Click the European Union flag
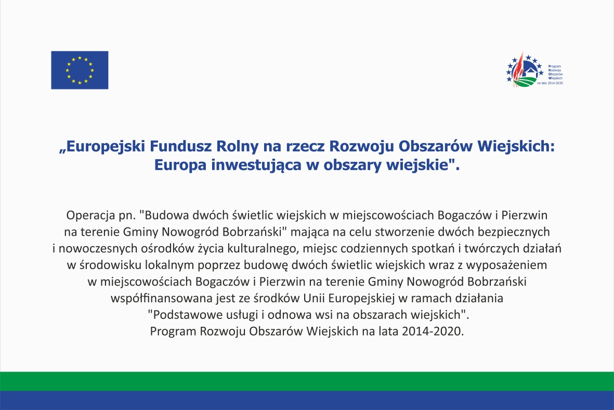(80, 70)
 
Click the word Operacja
(91, 215)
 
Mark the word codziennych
(373, 249)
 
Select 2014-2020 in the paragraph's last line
(431, 331)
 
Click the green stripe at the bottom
(307, 381)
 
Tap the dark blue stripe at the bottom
(307, 400)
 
